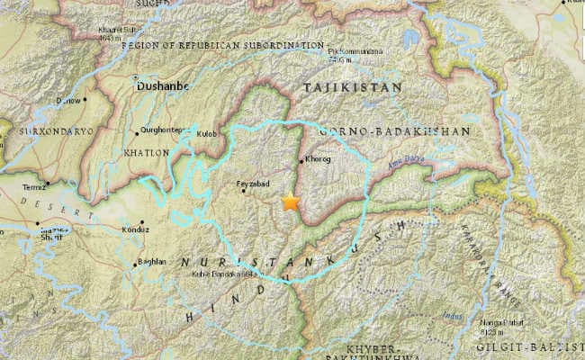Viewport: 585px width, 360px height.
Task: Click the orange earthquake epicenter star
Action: (290, 202)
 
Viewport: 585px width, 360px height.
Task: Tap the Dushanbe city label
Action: (160, 87)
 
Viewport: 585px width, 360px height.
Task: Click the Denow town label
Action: (68, 101)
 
